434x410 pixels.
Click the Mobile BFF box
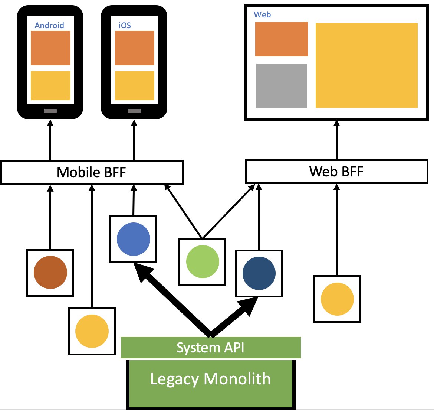click(92, 172)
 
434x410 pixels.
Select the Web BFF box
click(336, 172)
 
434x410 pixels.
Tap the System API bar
click(211, 347)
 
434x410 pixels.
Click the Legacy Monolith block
click(211, 384)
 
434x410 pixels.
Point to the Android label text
click(49, 26)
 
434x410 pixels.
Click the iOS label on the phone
click(125, 26)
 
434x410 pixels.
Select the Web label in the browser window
click(262, 15)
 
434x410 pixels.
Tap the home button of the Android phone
click(50, 111)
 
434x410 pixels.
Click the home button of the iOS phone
click(134, 111)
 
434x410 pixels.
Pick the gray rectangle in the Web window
click(282, 85)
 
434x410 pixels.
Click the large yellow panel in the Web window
click(366, 65)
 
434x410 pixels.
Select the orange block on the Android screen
click(51, 48)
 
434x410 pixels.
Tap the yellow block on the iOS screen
click(135, 85)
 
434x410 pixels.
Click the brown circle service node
click(50, 272)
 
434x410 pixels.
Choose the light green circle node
click(203, 261)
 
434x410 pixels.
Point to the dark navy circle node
click(259, 273)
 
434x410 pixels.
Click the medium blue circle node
click(134, 239)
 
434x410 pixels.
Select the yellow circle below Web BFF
click(337, 299)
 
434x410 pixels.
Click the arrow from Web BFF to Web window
click(336, 140)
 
